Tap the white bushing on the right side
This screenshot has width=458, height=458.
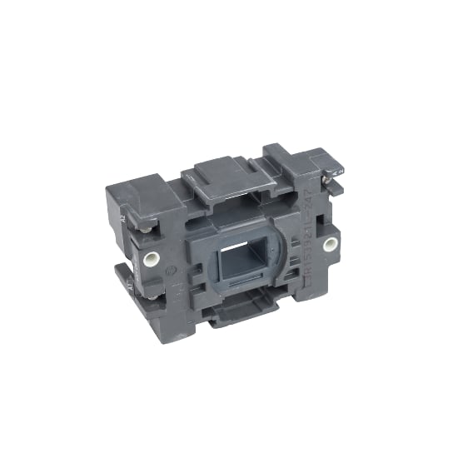[331, 245]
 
